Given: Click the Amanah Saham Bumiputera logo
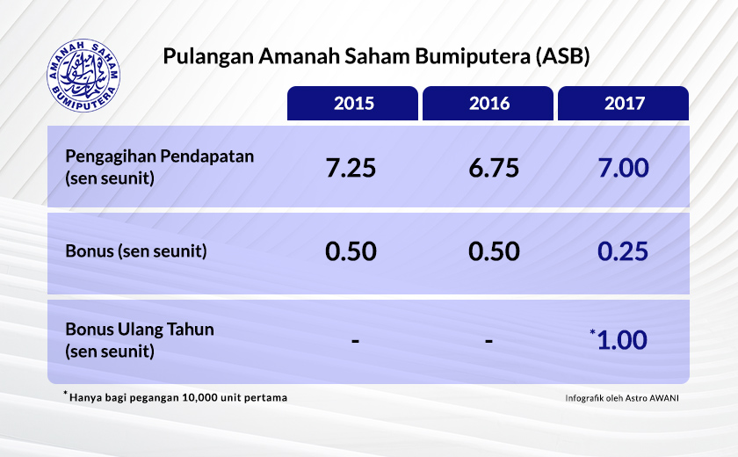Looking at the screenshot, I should click(84, 68).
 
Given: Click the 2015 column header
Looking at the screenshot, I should click(354, 104).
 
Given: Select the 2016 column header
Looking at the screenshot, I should click(489, 104).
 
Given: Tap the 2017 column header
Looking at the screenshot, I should click(625, 104).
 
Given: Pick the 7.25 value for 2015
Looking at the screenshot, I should click(351, 167).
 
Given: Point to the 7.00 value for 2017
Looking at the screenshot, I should click(623, 167).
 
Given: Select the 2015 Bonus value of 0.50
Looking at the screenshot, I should click(351, 251).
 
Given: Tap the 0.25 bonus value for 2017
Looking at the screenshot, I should click(623, 251).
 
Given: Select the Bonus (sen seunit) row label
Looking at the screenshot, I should click(136, 251).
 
